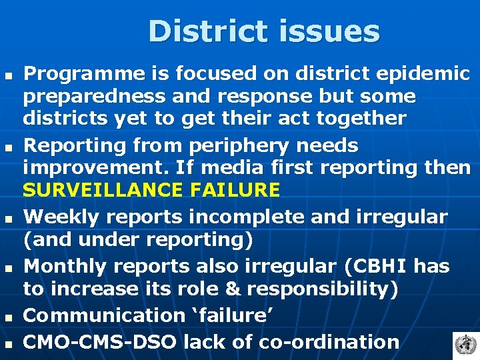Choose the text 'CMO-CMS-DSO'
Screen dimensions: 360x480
pyautogui.click(x=100, y=342)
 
